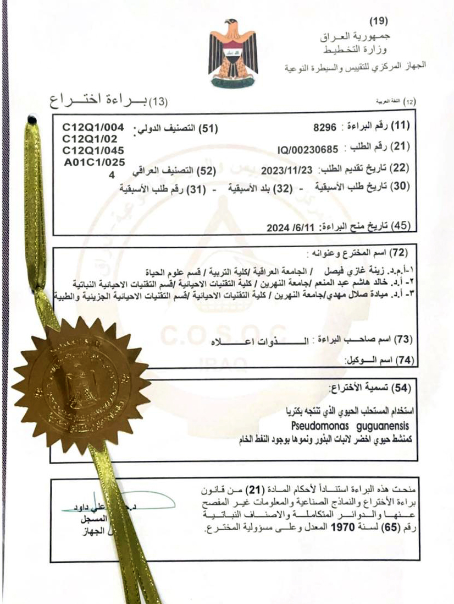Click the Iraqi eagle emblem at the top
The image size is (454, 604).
[232, 53]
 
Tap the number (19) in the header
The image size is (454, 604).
[378, 21]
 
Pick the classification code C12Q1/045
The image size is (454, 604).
[93, 150]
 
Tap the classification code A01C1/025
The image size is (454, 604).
[94, 161]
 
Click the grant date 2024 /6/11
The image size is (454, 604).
[289, 226]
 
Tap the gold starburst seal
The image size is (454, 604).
[81, 384]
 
